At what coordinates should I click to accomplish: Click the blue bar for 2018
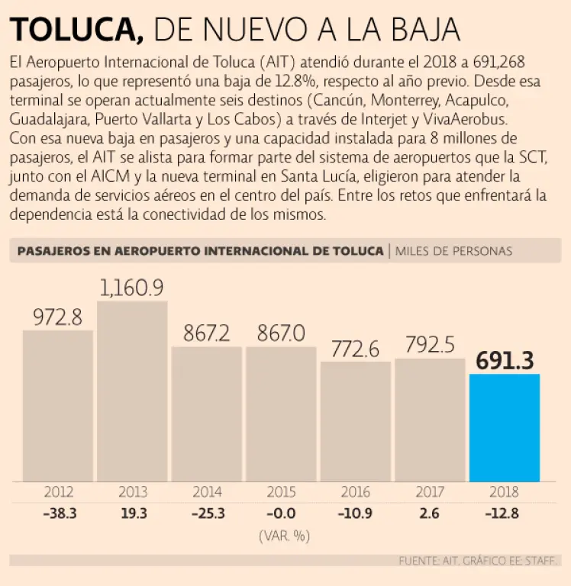(x=504, y=427)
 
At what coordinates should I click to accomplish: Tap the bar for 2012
(x=58, y=405)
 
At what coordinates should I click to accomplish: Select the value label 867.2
(x=207, y=333)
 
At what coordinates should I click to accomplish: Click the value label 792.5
(x=430, y=345)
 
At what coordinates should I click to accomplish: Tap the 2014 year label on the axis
(x=207, y=492)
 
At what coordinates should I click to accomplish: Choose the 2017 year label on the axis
(x=430, y=492)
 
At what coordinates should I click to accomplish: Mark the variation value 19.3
(x=133, y=514)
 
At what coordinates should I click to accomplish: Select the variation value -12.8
(x=502, y=514)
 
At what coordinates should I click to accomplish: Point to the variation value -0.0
(x=282, y=514)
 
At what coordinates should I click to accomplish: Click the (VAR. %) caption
(x=283, y=536)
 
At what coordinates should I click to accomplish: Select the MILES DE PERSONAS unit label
(x=454, y=250)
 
